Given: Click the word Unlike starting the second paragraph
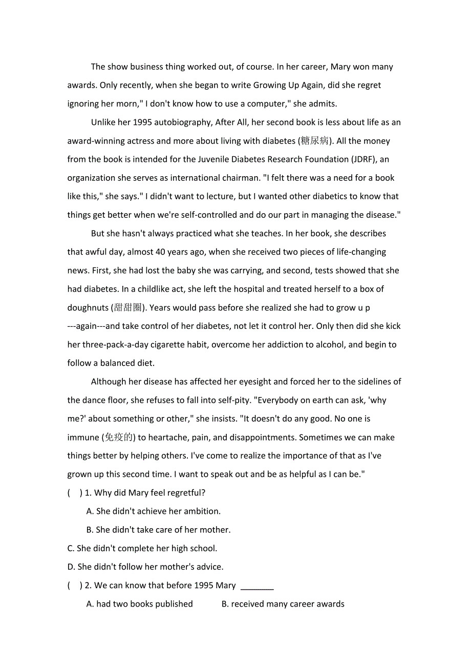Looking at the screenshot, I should pyautogui.click(x=103, y=122).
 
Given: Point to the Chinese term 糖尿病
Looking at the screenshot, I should pyautogui.click(x=315, y=141).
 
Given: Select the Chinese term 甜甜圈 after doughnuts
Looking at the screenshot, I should pyautogui.click(x=128, y=307).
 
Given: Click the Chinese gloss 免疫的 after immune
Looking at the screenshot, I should pyautogui.click(x=119, y=437).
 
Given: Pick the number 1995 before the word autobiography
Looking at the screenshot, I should pyautogui.click(x=143, y=122).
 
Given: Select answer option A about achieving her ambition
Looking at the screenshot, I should pyautogui.click(x=154, y=511).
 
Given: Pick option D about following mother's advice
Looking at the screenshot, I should pyautogui.click(x=145, y=567).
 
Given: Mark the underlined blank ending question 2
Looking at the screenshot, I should pyautogui.click(x=257, y=586).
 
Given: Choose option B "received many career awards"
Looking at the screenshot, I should pyautogui.click(x=283, y=604).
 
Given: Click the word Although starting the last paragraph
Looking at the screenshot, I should pyautogui.click(x=110, y=382).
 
